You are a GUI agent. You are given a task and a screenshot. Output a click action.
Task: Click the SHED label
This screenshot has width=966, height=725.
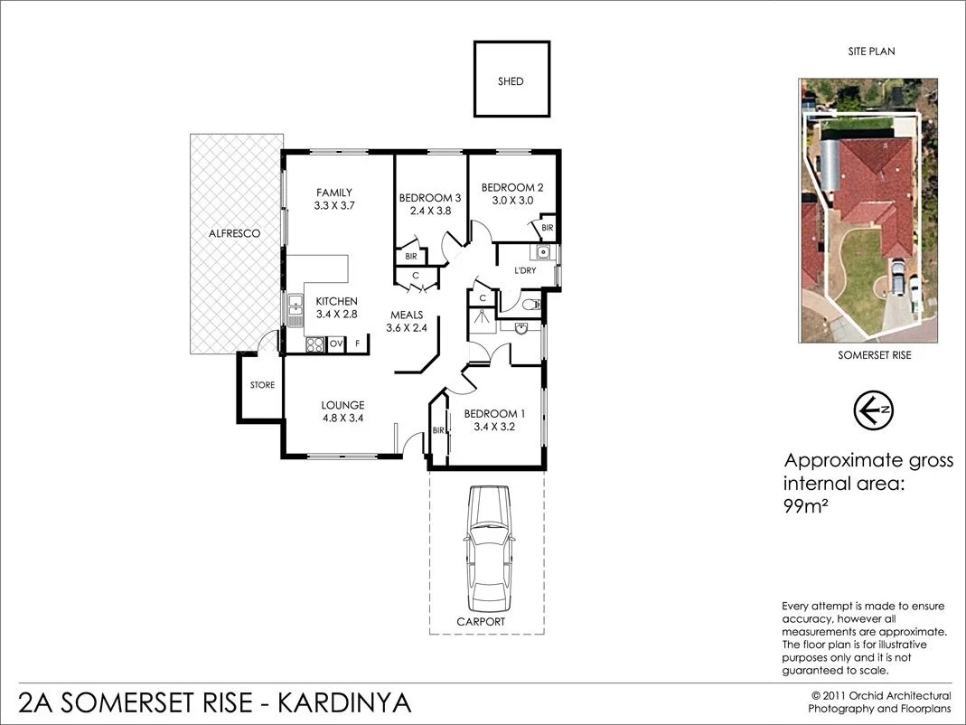(511, 81)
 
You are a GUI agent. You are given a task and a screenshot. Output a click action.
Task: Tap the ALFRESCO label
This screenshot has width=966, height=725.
(234, 233)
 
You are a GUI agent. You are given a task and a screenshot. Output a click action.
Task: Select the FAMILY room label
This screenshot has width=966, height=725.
(333, 192)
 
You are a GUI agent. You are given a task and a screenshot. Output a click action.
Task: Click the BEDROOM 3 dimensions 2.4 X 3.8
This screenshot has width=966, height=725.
(430, 211)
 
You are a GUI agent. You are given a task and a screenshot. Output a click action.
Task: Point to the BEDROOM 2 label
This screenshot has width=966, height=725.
(512, 187)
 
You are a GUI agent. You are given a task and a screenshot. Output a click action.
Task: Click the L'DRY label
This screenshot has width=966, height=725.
(526, 270)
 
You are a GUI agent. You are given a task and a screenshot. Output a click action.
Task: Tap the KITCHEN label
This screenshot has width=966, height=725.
(336, 301)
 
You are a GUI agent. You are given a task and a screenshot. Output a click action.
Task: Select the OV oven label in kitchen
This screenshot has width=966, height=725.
(335, 344)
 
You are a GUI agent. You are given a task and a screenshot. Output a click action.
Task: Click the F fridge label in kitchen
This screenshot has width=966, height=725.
(357, 344)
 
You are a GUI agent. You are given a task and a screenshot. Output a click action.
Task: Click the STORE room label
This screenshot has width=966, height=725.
(262, 385)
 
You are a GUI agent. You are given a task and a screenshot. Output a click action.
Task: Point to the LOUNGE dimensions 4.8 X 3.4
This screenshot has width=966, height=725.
(342, 418)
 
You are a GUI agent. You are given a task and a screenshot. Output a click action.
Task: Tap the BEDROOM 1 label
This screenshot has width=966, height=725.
(494, 414)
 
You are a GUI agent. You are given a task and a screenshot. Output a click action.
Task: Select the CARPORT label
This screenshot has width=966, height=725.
(480, 622)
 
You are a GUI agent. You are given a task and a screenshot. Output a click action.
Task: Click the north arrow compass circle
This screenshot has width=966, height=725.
(873, 410)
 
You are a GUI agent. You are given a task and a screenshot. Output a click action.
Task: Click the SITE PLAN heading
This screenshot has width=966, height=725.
(871, 52)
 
